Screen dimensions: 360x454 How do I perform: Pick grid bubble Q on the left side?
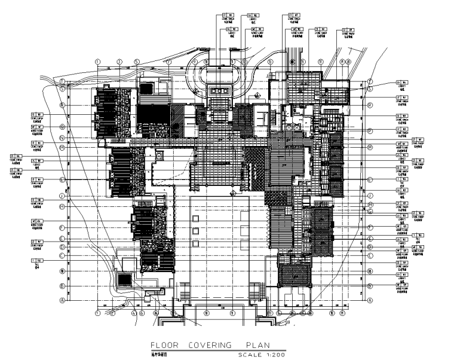[62, 126]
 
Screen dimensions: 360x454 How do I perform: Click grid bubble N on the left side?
[62, 138]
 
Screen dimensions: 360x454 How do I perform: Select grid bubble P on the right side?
[370, 130]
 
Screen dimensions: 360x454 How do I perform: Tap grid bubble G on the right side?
[370, 212]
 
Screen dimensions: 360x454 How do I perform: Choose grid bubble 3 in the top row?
[119, 61]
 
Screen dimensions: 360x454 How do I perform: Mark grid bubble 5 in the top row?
[137, 61]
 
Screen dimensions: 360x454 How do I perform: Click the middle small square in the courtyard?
[195, 231]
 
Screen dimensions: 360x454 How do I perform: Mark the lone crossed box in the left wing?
[159, 155]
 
